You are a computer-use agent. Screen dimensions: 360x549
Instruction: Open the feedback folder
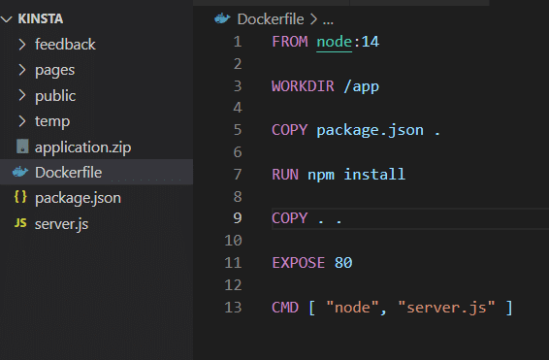(x=65, y=44)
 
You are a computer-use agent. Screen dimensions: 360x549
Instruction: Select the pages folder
(x=54, y=70)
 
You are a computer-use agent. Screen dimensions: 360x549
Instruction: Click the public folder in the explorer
(x=55, y=95)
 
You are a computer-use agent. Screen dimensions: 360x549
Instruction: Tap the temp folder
(x=51, y=121)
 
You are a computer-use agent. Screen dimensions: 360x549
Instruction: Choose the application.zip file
(x=82, y=147)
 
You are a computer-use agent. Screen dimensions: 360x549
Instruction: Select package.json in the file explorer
(x=77, y=198)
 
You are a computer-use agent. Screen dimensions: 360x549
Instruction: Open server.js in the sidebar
(x=61, y=223)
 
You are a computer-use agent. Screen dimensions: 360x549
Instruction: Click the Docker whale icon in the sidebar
(x=20, y=173)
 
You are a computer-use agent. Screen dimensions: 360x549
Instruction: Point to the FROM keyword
(x=290, y=42)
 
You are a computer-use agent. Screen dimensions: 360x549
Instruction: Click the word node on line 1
(x=334, y=42)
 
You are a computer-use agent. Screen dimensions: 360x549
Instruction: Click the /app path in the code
(x=361, y=85)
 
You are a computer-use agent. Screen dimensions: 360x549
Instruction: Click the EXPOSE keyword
(x=299, y=262)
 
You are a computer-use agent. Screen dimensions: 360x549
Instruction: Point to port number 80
(x=343, y=262)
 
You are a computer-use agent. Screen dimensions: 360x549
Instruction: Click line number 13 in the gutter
(x=233, y=307)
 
